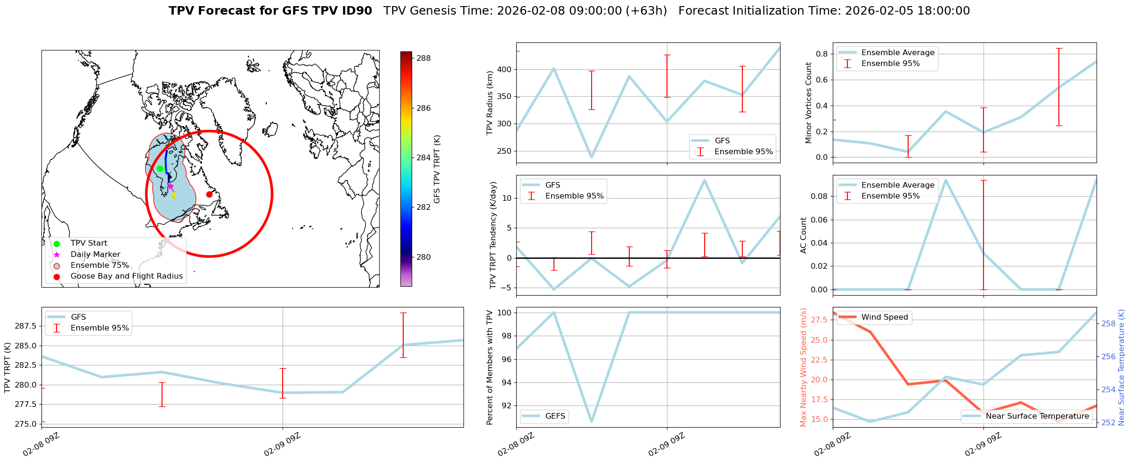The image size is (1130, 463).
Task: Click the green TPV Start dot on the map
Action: (x=160, y=168)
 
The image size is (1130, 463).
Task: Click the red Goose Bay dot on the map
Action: (x=209, y=194)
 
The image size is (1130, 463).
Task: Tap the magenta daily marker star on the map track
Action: (x=171, y=186)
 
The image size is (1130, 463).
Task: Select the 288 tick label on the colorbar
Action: (x=423, y=58)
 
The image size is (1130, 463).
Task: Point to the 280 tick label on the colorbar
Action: (x=423, y=257)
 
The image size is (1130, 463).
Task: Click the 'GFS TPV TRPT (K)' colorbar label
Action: (x=437, y=169)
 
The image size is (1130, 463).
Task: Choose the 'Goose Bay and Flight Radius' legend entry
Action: (x=126, y=276)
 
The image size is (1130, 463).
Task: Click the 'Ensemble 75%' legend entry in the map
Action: (x=99, y=265)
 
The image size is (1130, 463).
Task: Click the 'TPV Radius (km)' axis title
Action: (x=490, y=103)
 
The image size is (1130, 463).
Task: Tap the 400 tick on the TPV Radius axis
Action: (x=504, y=70)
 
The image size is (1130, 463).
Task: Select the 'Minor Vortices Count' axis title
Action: (x=809, y=103)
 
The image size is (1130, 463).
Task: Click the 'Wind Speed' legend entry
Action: (x=884, y=317)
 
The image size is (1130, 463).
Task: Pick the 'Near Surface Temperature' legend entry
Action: (x=1037, y=416)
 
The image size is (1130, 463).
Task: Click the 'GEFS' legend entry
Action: (x=555, y=416)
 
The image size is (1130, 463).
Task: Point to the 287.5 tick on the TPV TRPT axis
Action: (x=26, y=326)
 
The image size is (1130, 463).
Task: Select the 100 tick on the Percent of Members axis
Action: (x=503, y=313)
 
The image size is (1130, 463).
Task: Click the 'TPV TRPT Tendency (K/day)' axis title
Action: (x=493, y=235)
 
